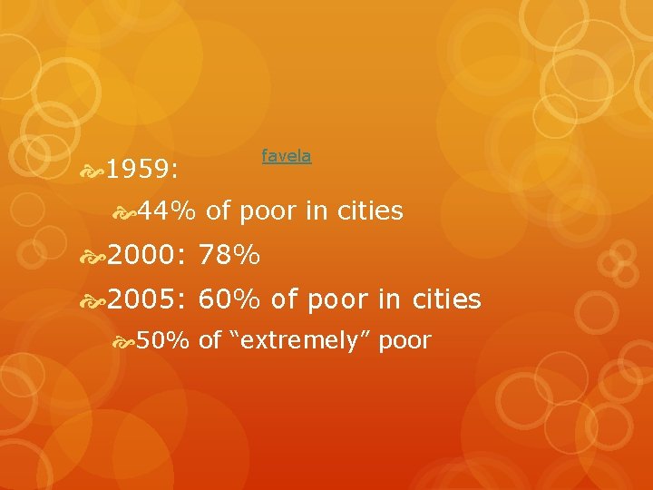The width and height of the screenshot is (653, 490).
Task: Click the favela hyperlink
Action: tap(286, 156)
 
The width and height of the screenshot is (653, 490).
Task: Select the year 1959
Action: tap(142, 170)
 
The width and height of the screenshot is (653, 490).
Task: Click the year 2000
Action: tap(142, 258)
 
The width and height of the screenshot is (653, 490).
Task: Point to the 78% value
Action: tap(229, 258)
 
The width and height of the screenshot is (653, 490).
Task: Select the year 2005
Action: tap(142, 300)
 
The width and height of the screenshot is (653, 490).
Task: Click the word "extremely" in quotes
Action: tap(297, 341)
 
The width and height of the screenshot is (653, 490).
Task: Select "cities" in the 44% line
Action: tap(368, 211)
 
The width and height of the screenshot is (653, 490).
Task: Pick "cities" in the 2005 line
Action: tap(446, 300)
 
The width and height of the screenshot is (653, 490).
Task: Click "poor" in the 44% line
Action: tap(269, 211)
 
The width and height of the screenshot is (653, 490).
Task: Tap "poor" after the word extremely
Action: tap(404, 341)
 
